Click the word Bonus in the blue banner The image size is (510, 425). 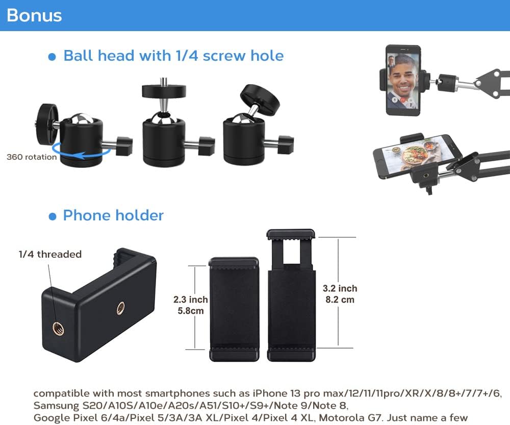pyautogui.click(x=34, y=15)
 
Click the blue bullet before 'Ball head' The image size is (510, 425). pyautogui.click(x=52, y=57)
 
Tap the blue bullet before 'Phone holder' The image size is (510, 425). pyautogui.click(x=52, y=216)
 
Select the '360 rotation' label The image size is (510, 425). pyautogui.click(x=32, y=157)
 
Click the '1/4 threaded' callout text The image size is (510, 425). pyautogui.click(x=50, y=254)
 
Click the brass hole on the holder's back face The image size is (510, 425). pyautogui.click(x=121, y=308)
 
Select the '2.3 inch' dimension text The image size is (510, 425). pyautogui.click(x=191, y=300)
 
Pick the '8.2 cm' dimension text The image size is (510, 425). pyautogui.click(x=340, y=300)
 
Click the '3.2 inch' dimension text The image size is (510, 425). pyautogui.click(x=340, y=289)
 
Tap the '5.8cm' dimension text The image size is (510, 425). pyautogui.click(x=191, y=311)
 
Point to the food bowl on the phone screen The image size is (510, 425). pyautogui.click(x=415, y=154)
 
